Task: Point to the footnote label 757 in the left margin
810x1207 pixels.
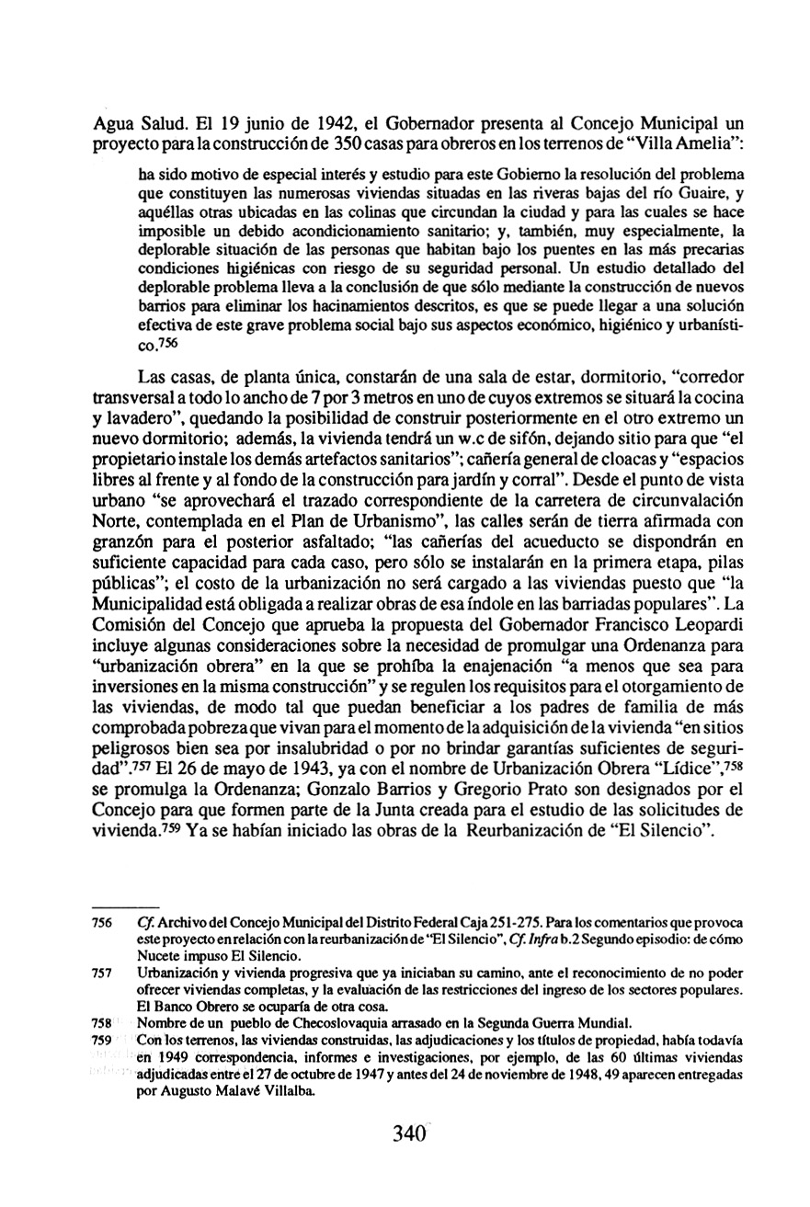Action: [102, 973]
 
